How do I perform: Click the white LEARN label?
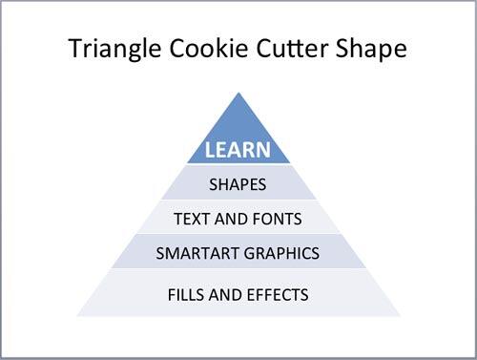point(238,150)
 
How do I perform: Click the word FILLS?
point(188,294)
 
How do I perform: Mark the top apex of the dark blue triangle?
point(238,92)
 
